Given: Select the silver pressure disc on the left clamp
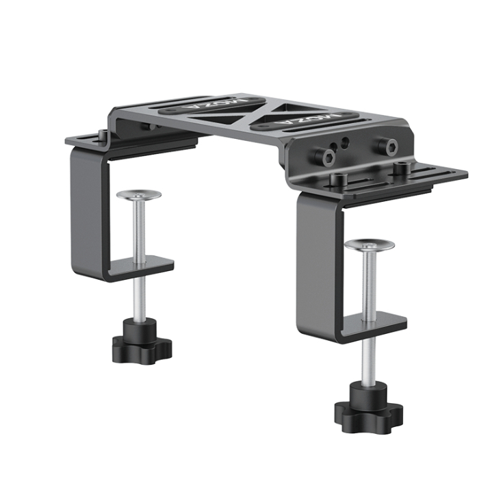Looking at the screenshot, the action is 139,194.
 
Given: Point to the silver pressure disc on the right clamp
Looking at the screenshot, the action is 369,246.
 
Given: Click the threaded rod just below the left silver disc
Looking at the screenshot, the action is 139,228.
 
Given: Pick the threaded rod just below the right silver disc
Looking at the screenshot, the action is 370,282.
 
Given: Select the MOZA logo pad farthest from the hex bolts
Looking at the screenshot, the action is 211,104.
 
